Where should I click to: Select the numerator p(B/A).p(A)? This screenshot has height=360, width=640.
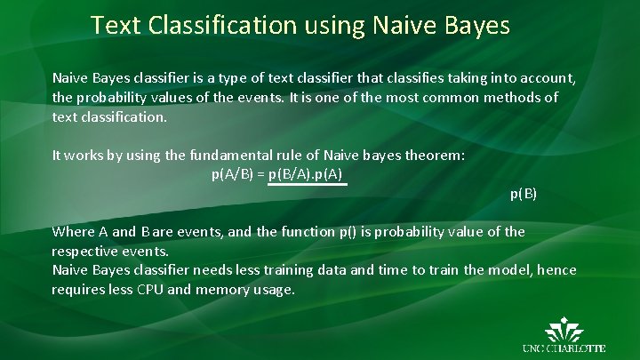[x=306, y=173]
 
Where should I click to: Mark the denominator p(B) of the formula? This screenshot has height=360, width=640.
[x=523, y=193]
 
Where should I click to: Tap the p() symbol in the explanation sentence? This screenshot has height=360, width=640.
[x=348, y=232]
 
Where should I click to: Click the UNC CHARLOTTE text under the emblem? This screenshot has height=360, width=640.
[x=565, y=348]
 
